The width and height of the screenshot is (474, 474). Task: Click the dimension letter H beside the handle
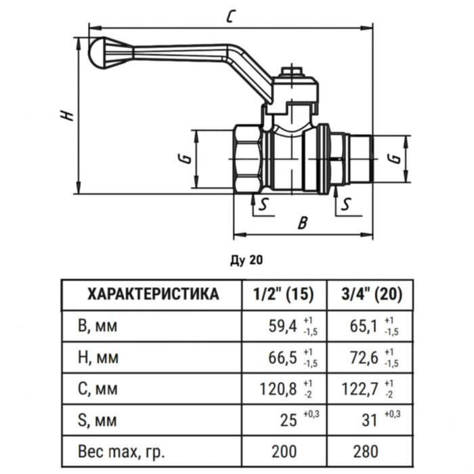pyautogui.click(x=66, y=116)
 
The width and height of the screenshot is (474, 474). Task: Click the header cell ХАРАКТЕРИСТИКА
pyautogui.click(x=154, y=295)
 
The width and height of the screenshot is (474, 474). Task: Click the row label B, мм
pyautogui.click(x=98, y=327)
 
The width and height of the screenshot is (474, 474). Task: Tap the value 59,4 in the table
pyautogui.click(x=283, y=328)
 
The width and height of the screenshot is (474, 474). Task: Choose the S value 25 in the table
pyautogui.click(x=289, y=420)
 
